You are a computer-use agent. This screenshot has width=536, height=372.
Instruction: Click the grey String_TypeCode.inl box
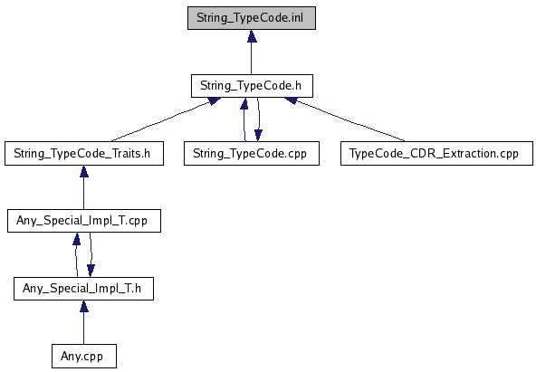tap(252, 18)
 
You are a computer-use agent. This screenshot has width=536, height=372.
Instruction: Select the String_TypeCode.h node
tap(252, 86)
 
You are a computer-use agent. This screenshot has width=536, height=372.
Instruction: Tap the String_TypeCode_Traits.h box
tap(84, 153)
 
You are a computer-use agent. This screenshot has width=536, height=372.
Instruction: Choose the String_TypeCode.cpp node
tap(252, 153)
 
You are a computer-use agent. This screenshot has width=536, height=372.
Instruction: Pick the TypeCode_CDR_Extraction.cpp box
tap(436, 153)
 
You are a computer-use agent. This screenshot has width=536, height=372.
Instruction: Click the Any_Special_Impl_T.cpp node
tap(84, 221)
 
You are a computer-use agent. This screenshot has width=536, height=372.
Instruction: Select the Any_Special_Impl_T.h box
tap(83, 289)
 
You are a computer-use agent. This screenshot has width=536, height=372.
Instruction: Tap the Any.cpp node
tap(84, 357)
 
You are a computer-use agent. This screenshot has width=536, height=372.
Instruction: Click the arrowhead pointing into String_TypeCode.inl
tap(252, 36)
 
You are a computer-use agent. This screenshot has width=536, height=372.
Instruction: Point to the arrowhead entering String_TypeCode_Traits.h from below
tap(84, 171)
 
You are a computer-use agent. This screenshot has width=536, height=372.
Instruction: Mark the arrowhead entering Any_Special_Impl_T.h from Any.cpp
tap(84, 307)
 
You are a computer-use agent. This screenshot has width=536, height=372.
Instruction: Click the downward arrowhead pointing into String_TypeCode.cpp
tap(258, 135)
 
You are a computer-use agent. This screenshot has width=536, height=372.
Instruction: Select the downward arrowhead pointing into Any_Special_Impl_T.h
tap(91, 271)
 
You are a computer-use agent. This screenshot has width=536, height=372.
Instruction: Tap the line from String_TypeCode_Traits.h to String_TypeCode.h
tap(160, 121)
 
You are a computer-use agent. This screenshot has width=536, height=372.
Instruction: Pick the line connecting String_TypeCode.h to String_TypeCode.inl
tap(252, 58)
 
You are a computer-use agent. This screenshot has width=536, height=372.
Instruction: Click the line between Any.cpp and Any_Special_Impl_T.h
tap(83, 329)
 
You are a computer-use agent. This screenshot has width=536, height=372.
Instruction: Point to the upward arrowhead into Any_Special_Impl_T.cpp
tap(77, 238)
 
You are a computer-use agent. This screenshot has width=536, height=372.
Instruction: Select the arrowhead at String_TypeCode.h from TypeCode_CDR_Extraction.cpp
tap(292, 100)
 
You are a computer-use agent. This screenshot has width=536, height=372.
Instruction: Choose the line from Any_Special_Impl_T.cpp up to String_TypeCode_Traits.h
tap(83, 194)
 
